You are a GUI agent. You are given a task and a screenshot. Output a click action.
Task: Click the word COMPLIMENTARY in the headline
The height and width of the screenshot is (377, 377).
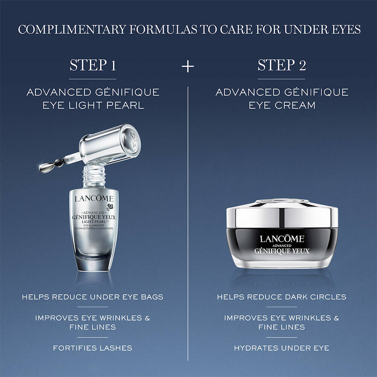pos(72,29)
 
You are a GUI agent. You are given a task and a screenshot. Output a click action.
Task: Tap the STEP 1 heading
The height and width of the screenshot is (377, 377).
pos(93,65)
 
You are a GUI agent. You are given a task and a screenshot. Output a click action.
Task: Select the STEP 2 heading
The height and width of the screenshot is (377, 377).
pos(282,65)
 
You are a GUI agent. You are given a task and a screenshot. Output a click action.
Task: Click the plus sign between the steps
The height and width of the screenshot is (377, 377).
pos(188,66)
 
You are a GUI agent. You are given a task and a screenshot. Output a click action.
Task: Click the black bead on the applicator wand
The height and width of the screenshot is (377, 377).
pos(59,163)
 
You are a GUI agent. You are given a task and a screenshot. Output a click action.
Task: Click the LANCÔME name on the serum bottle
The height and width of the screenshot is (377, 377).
pos(94,199)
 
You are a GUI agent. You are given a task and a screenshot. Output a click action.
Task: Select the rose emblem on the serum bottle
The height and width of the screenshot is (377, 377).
pos(110,207)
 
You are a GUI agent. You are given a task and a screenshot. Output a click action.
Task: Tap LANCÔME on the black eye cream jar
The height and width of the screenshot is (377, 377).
pos(282,239)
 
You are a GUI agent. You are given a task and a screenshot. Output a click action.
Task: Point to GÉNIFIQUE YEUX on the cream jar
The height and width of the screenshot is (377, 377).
pos(282,251)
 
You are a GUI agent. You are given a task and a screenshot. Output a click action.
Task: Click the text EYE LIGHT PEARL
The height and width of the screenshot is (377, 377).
pos(93,105)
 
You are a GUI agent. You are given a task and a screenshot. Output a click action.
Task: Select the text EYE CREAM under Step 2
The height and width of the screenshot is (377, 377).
pos(282,105)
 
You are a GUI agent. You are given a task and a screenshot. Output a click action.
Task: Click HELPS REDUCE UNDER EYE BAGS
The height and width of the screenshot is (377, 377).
pos(93,297)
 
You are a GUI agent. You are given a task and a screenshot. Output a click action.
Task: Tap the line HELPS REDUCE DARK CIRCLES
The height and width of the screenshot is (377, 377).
pos(282,297)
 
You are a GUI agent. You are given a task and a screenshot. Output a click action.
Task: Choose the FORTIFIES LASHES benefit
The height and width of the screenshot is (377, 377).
pos(93,348)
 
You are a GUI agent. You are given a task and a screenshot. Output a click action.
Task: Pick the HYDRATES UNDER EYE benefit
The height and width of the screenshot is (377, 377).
pos(282,348)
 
